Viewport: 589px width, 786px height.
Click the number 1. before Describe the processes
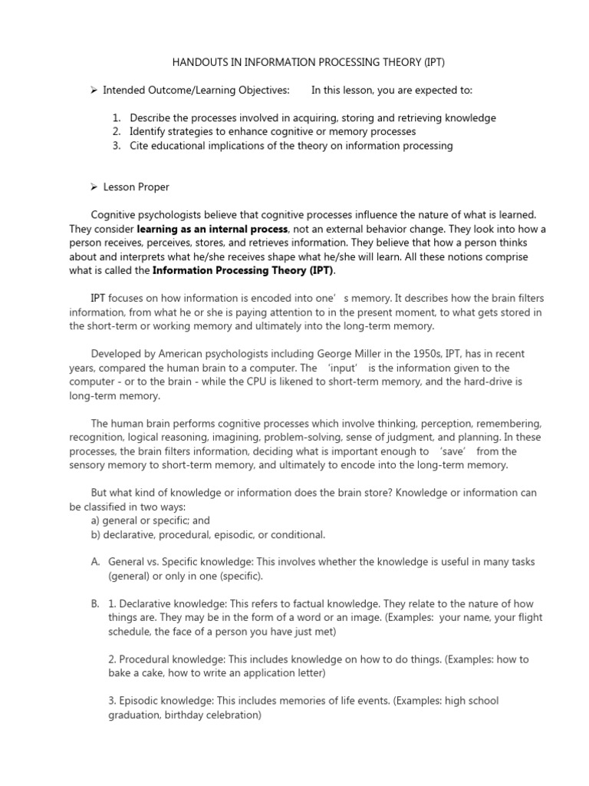click(117, 118)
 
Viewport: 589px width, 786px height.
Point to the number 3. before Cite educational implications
click(117, 146)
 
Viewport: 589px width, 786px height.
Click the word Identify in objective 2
click(150, 132)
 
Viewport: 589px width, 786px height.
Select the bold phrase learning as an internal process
click(212, 230)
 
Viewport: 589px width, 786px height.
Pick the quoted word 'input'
click(347, 368)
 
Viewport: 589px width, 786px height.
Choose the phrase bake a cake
click(137, 673)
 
